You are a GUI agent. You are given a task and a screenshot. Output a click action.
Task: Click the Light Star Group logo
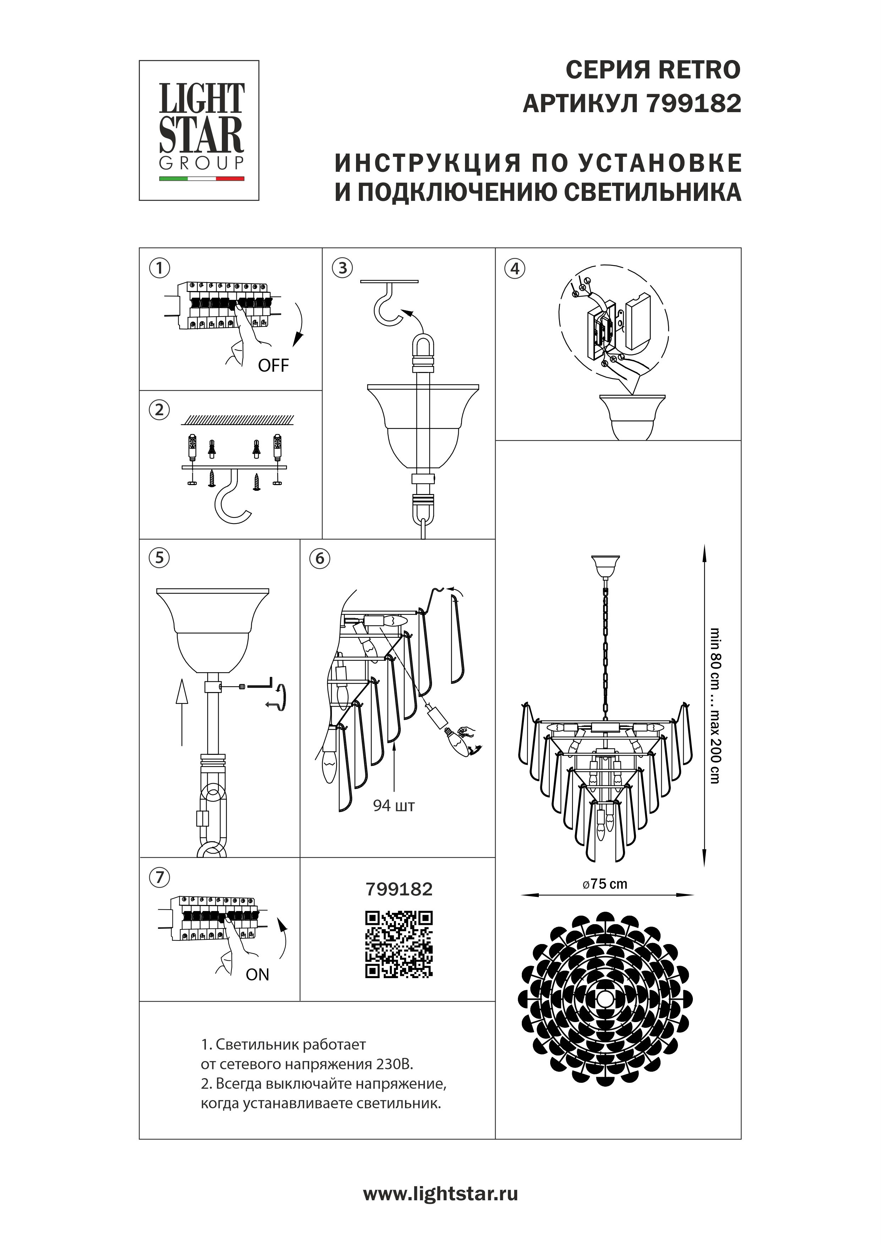click(199, 131)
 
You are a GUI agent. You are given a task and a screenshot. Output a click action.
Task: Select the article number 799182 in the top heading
click(694, 103)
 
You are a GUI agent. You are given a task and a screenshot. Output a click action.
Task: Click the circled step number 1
click(159, 268)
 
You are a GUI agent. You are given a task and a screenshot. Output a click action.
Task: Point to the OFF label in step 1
click(273, 366)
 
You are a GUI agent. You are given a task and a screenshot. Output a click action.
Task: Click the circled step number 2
click(159, 410)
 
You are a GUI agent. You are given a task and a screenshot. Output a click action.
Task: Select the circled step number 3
click(342, 268)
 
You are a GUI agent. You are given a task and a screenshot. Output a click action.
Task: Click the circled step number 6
click(320, 559)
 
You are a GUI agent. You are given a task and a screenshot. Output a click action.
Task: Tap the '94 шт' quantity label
click(394, 806)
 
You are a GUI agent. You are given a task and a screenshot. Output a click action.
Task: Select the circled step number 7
click(159, 877)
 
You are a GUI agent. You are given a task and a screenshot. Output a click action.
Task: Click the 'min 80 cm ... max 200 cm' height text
click(716, 705)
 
